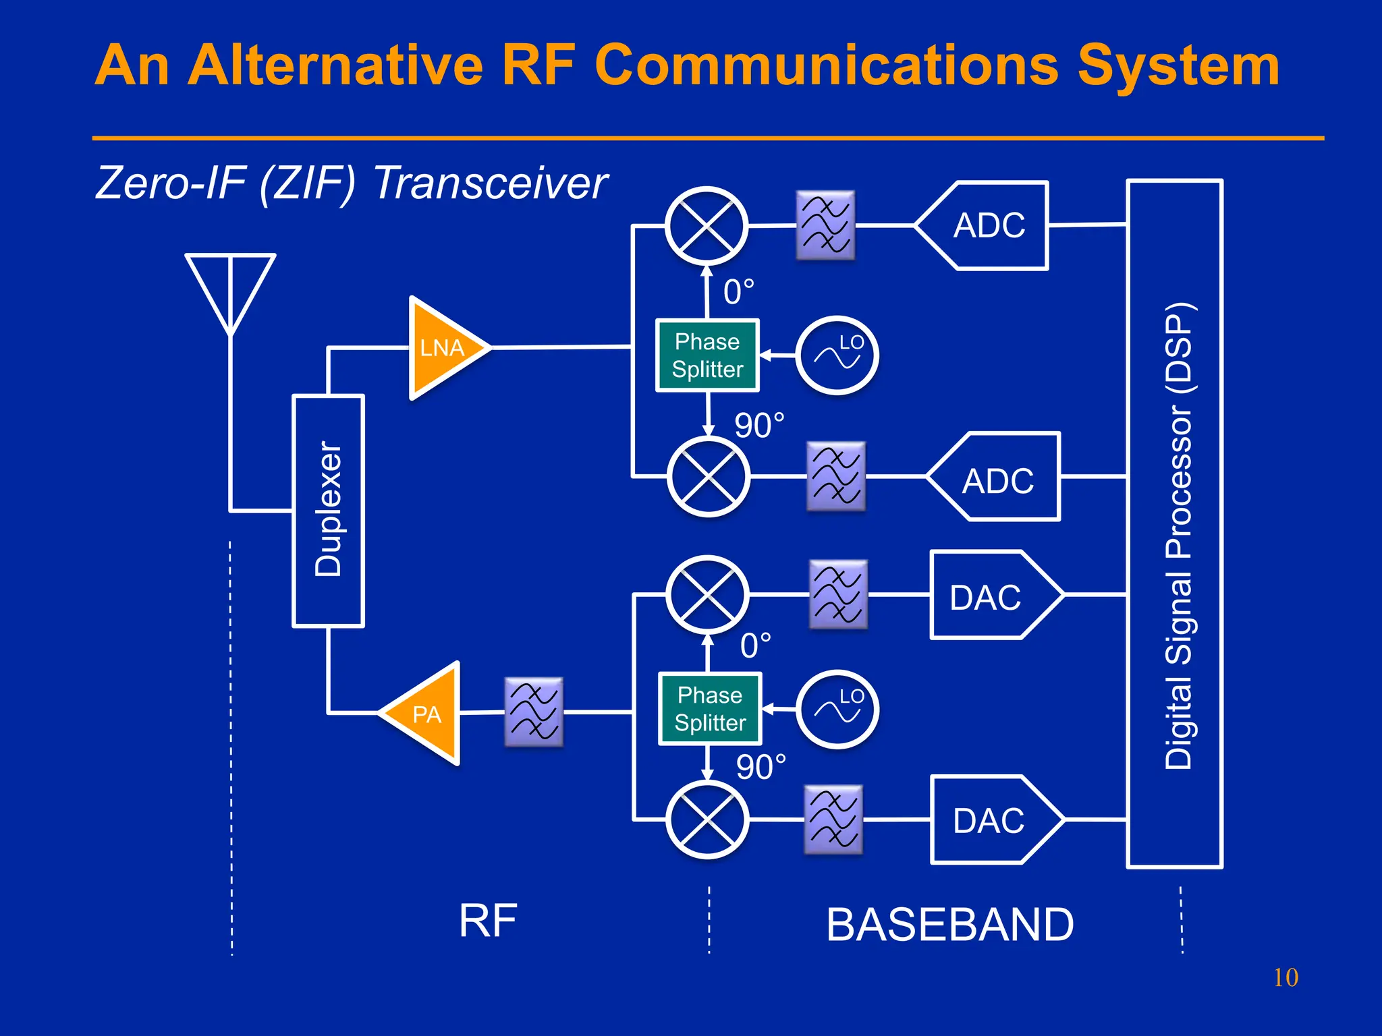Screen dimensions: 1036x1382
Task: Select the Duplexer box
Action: coord(329,511)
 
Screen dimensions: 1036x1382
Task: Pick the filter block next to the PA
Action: coord(534,712)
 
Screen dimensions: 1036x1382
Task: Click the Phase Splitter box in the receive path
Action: coord(707,355)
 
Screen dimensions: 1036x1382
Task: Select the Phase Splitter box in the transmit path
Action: coord(710,709)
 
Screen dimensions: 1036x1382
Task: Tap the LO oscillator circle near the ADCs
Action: coord(837,355)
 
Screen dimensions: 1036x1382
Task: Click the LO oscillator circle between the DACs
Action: coord(837,710)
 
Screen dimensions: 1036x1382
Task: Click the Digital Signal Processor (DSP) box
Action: coord(1175,523)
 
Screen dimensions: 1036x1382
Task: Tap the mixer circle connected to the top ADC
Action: coord(707,227)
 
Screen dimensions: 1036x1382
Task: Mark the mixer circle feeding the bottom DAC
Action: coord(707,819)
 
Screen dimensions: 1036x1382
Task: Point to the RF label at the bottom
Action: coord(488,921)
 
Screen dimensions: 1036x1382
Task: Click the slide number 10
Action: coord(1286,977)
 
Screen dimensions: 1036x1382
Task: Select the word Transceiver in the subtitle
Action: coord(491,183)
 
